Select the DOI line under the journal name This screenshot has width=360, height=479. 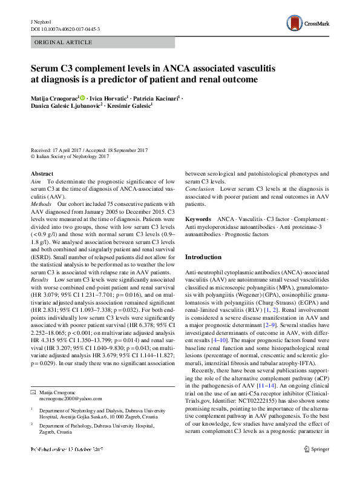pyautogui.click(x=65, y=28)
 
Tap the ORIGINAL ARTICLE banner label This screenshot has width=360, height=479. pyautogui.click(x=64, y=42)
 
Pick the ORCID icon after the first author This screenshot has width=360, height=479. pyautogui.click(x=83, y=97)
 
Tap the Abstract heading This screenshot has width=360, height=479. pyautogui.click(x=42, y=174)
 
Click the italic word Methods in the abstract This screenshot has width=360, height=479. pyautogui.click(x=42, y=205)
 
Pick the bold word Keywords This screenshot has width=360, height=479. pyautogui.click(x=198, y=219)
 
